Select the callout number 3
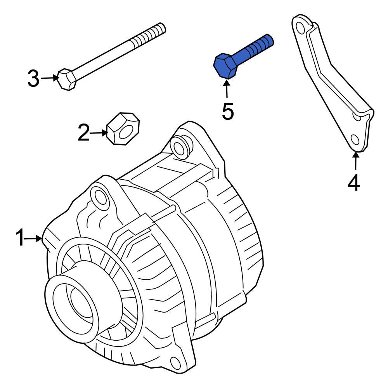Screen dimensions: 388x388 (33, 79)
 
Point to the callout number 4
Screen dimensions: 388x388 (353, 183)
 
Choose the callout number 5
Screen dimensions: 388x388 (228, 111)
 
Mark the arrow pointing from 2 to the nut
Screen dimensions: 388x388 (99, 133)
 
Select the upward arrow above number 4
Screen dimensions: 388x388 (355, 162)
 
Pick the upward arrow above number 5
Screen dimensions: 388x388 (227, 88)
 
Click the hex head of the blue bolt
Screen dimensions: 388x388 (225, 66)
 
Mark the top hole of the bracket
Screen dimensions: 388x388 (300, 27)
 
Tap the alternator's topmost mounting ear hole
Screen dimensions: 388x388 (179, 147)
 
